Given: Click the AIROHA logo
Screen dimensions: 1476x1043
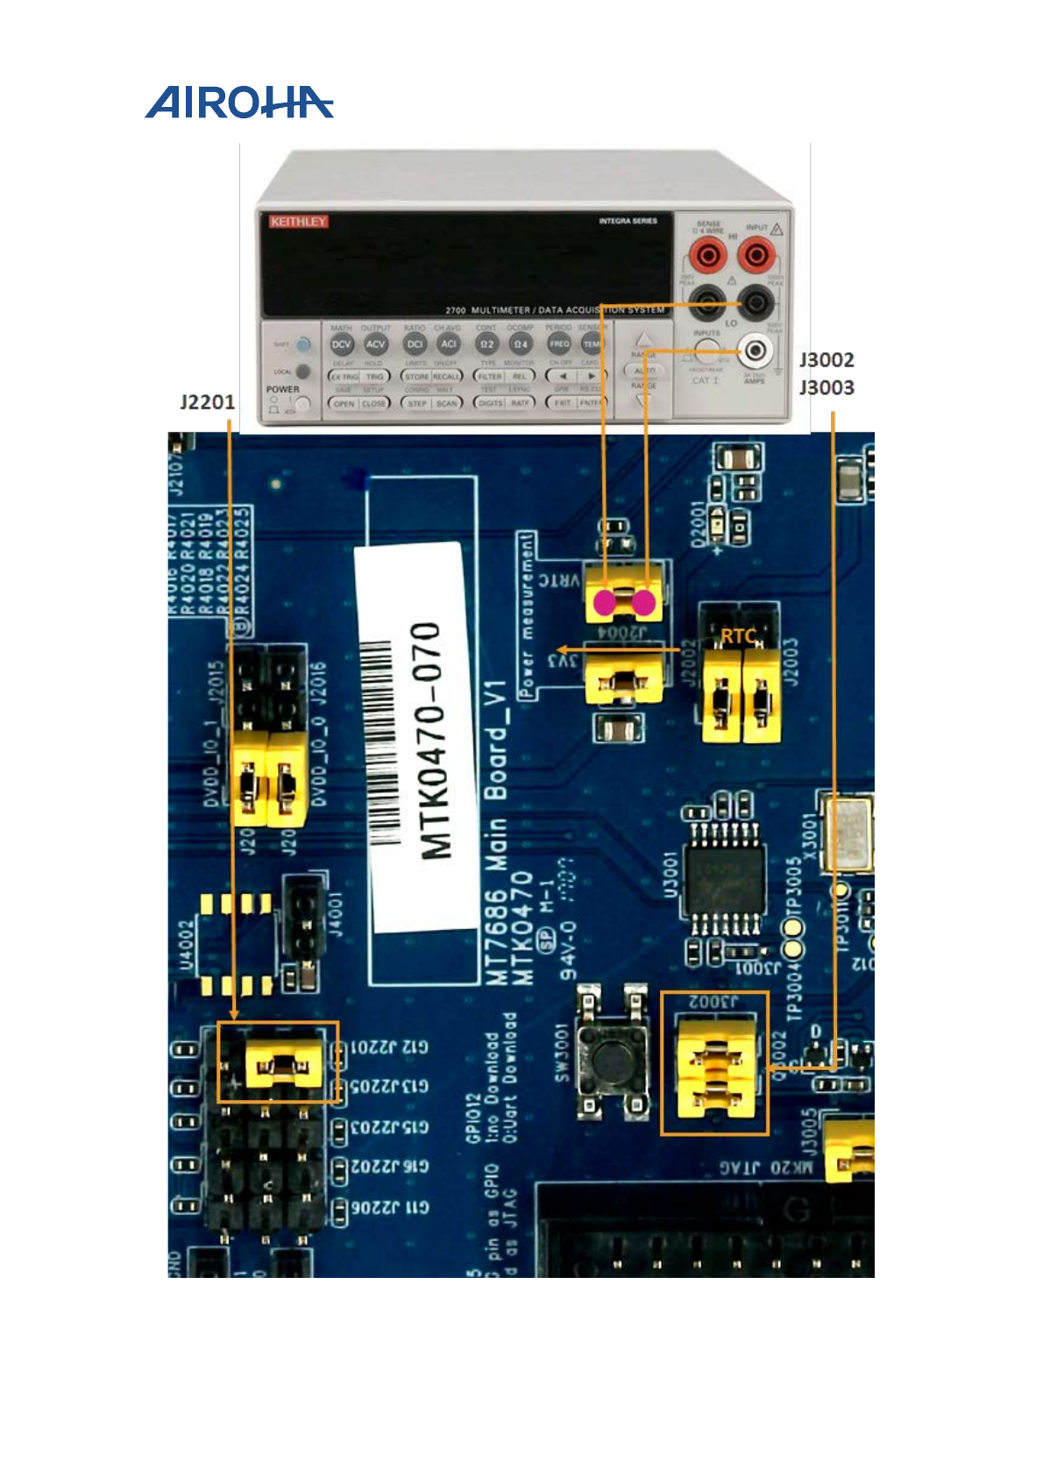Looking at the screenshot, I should pyautogui.click(x=238, y=103).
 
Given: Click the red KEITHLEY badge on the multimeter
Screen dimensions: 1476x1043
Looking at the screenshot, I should pyautogui.click(x=298, y=222).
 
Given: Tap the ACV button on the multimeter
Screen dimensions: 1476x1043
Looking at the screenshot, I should pyautogui.click(x=375, y=344).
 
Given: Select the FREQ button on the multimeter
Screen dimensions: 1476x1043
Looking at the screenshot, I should pyautogui.click(x=559, y=344).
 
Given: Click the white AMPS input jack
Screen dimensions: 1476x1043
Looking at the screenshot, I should pyautogui.click(x=755, y=352).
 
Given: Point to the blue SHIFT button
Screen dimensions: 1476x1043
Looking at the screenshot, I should pyautogui.click(x=302, y=344).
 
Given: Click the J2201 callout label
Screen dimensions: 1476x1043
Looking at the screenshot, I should pyautogui.click(x=207, y=402).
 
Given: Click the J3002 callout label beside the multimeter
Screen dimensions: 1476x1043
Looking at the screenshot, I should pyautogui.click(x=826, y=360).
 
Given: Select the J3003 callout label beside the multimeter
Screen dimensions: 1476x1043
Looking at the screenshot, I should pyautogui.click(x=826, y=387).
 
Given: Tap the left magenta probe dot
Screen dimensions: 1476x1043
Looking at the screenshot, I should pyautogui.click(x=605, y=602).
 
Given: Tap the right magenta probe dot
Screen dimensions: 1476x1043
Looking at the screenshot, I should pyautogui.click(x=644, y=602).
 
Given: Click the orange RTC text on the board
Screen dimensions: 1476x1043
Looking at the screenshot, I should pyautogui.click(x=738, y=636).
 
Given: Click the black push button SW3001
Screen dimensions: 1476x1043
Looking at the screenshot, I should pyautogui.click(x=613, y=1056).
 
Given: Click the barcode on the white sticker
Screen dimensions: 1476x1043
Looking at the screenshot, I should pyautogui.click(x=380, y=745).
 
